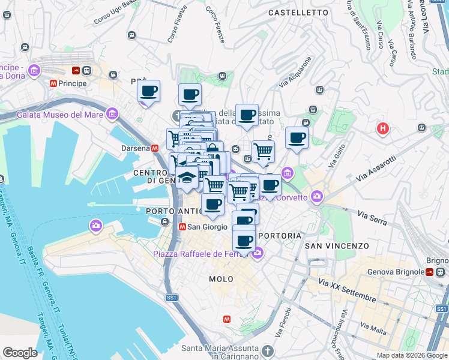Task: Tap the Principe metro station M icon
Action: (54, 83)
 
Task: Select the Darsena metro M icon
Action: (155, 148)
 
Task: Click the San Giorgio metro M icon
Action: (182, 227)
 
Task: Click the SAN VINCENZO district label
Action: (337, 246)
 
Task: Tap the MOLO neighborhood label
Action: (221, 279)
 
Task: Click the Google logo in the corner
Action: (20, 353)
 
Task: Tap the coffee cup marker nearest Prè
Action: (148, 92)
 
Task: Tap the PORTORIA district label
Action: (279, 236)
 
